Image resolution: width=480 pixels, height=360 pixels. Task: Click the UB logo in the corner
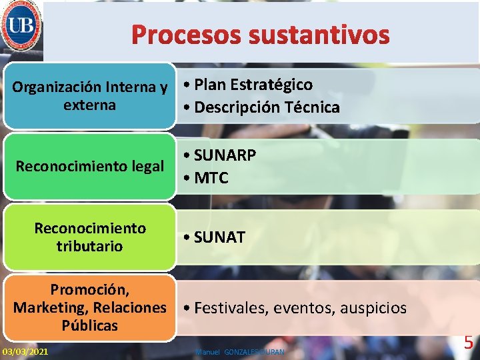[x=21, y=27]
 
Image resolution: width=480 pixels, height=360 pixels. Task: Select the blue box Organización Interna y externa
[x=89, y=96]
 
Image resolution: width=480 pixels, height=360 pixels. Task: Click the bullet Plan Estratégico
[x=253, y=85]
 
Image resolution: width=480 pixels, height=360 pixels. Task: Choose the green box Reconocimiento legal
[x=89, y=166]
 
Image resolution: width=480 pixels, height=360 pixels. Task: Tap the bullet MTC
[x=211, y=178]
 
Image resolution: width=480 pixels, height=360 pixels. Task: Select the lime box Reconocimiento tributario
[x=89, y=237]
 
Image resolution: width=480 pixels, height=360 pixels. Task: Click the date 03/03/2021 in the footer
[x=25, y=351]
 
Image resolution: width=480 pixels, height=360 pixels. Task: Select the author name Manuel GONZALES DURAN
[x=239, y=351]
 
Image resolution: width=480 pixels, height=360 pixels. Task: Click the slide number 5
[x=469, y=343]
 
